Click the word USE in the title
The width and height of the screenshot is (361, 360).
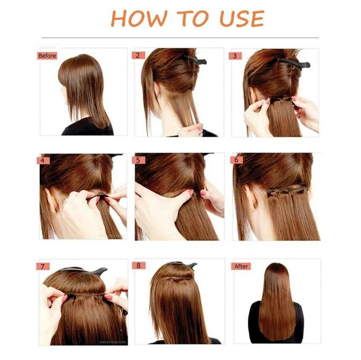(242, 18)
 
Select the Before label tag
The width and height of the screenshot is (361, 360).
(47, 56)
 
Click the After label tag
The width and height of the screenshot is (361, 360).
(241, 266)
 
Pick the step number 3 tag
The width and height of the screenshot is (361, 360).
(235, 56)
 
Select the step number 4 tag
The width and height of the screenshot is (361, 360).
(43, 160)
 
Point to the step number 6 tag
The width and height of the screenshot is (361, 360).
(236, 160)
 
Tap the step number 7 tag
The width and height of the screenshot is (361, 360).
(43, 266)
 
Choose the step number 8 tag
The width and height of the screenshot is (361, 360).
(139, 265)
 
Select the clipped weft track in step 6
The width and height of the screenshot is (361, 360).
(287, 191)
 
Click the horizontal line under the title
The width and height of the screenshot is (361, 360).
(180, 37)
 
